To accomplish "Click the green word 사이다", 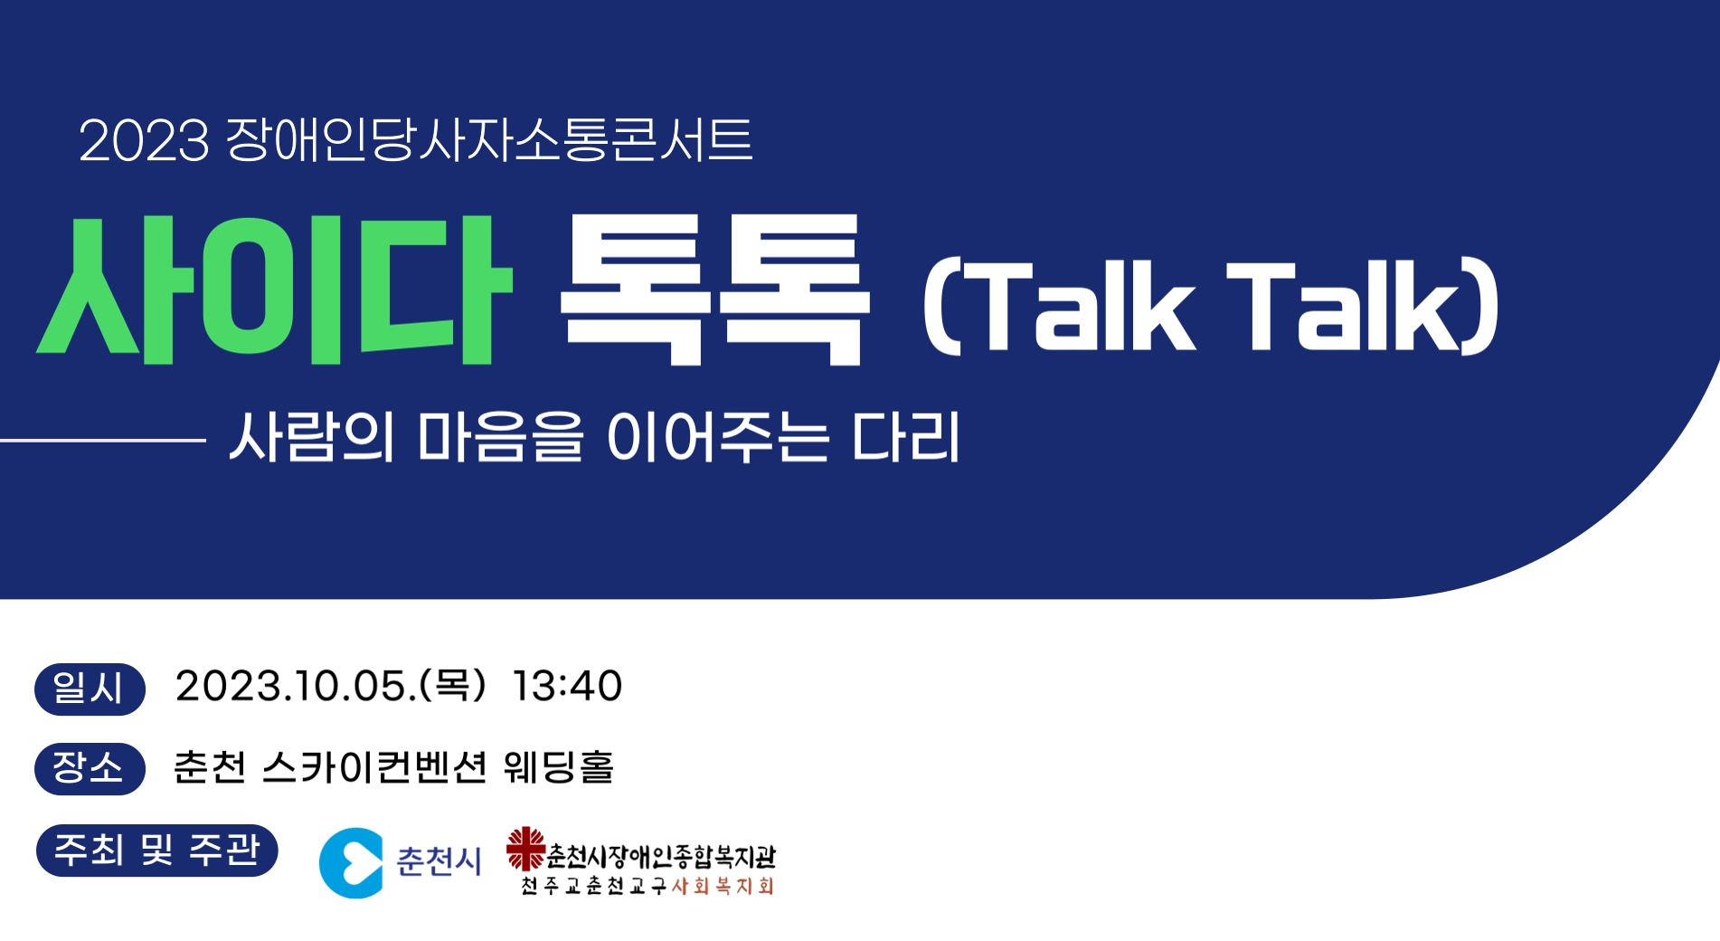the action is tap(273, 290).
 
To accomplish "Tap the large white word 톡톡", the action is tap(714, 290).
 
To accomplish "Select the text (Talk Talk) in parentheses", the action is tap(1211, 306).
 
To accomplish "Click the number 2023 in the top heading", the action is tap(145, 141).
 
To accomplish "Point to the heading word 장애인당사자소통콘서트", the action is tap(489, 140).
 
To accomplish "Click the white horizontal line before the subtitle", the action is tap(103, 441).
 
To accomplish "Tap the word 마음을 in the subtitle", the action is tap(500, 436).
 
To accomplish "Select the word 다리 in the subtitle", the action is tap(905, 436).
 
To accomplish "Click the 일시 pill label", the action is tap(90, 689).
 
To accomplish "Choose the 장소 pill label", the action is tap(90, 768).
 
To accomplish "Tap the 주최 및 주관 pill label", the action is tap(156, 850).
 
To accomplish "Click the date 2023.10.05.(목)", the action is tap(331, 686).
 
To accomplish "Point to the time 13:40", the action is tap(567, 686).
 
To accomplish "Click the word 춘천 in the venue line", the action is tap(210, 766).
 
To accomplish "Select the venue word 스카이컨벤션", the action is tap(375, 766).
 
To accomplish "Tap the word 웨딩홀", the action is tap(559, 766).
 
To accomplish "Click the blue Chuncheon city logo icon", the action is tap(351, 862).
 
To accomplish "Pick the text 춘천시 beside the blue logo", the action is tap(439, 860).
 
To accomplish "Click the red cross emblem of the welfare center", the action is tap(525, 849).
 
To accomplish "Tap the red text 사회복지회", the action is tap(723, 886).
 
